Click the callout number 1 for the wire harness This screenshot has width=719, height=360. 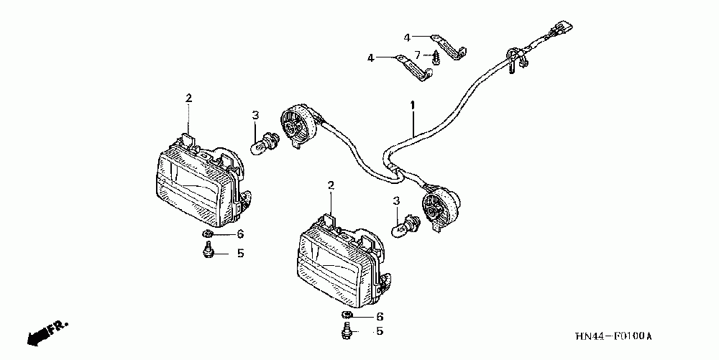413,105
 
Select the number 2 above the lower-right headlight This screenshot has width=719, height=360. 331,186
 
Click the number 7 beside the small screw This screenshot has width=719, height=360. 417,55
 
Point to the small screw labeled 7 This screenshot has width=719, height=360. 436,57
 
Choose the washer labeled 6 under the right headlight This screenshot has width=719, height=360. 346,316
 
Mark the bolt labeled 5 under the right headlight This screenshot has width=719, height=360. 346,332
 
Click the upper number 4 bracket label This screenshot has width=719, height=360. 406,37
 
